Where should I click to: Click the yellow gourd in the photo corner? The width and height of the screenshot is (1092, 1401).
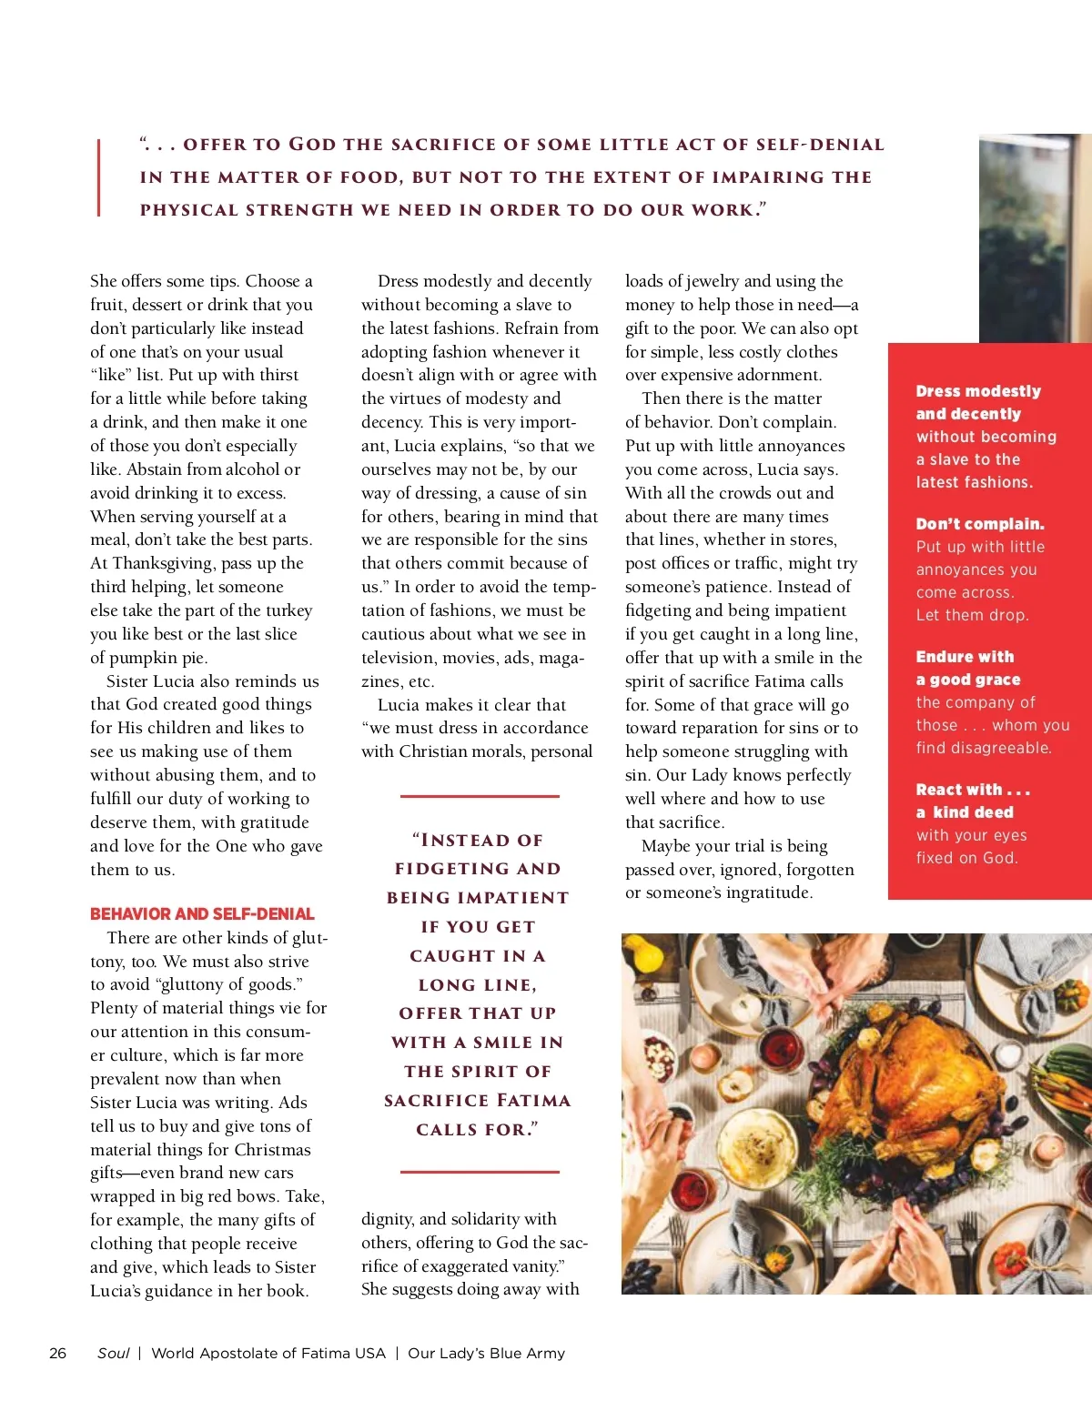648,954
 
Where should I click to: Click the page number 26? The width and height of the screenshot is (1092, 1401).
57,1353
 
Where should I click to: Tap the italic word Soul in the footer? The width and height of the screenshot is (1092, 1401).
114,1353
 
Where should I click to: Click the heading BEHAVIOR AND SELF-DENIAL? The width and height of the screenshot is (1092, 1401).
202,913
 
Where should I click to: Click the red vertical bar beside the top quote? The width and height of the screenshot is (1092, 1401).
98,176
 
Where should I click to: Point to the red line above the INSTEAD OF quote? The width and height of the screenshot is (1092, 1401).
480,796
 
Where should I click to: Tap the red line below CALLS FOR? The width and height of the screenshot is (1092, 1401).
480,1172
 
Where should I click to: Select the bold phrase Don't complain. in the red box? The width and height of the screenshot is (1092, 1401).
980,524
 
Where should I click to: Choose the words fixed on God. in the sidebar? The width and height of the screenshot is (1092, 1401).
966,858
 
